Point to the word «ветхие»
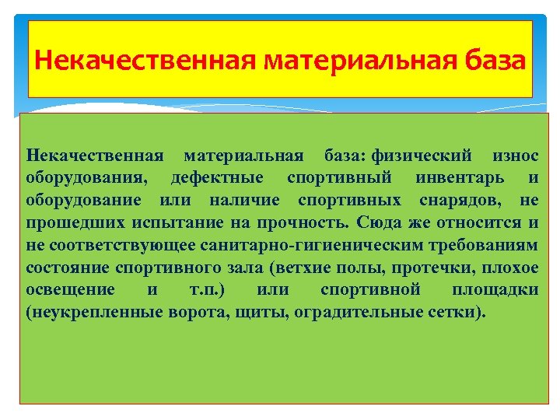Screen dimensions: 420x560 tap(295, 267)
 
